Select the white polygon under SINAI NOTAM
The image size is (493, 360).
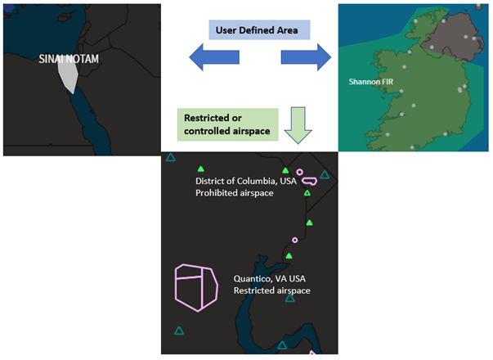point(69,77)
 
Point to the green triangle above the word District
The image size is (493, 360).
point(285,170)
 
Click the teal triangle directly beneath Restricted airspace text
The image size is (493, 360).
point(289,299)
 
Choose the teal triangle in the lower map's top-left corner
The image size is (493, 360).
point(171,158)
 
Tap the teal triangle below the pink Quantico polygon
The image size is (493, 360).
point(179,331)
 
